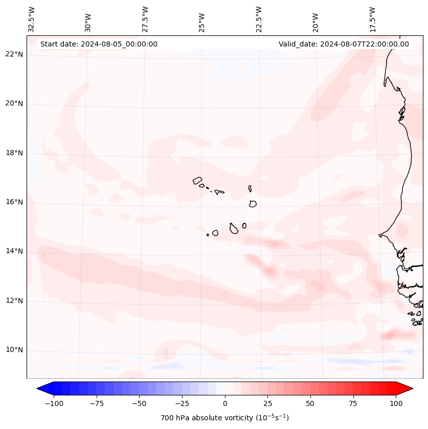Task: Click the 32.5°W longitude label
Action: [32, 20]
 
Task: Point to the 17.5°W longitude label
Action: [373, 20]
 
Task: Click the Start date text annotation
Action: [99, 44]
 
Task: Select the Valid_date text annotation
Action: [344, 44]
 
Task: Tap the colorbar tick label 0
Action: [225, 403]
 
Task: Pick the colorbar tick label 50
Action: [310, 403]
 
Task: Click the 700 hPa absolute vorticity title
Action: [225, 418]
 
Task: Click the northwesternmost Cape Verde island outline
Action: [197, 180]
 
